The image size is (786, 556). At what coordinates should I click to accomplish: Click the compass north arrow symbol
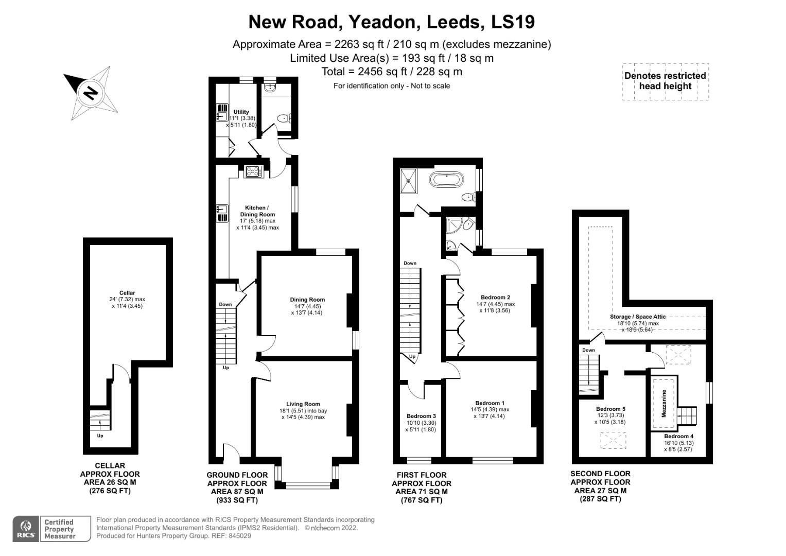(x=91, y=93)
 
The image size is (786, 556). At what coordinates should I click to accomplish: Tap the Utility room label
(x=241, y=112)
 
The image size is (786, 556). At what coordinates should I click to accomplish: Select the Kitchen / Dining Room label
(x=257, y=211)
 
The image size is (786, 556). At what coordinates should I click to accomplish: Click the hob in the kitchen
(x=254, y=171)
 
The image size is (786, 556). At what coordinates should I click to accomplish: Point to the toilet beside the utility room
(x=284, y=119)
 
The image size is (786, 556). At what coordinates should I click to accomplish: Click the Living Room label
(x=303, y=404)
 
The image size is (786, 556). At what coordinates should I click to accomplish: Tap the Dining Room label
(x=307, y=300)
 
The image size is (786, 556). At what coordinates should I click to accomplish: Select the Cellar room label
(x=127, y=293)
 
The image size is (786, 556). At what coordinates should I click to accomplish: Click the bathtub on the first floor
(x=447, y=180)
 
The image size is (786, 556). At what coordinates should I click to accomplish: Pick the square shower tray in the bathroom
(x=410, y=180)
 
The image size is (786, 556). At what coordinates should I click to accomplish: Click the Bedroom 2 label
(x=495, y=297)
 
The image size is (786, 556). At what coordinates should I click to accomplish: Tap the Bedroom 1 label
(x=490, y=403)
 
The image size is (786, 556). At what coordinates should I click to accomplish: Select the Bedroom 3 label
(x=421, y=416)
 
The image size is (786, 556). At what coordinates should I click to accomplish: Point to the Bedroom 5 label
(x=610, y=409)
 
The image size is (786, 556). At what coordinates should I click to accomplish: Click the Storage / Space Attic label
(x=638, y=317)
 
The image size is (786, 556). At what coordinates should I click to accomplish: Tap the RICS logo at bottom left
(x=26, y=529)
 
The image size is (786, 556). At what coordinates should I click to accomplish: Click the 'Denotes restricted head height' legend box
(x=665, y=81)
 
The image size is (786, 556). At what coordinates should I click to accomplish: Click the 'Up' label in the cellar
(x=100, y=436)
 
